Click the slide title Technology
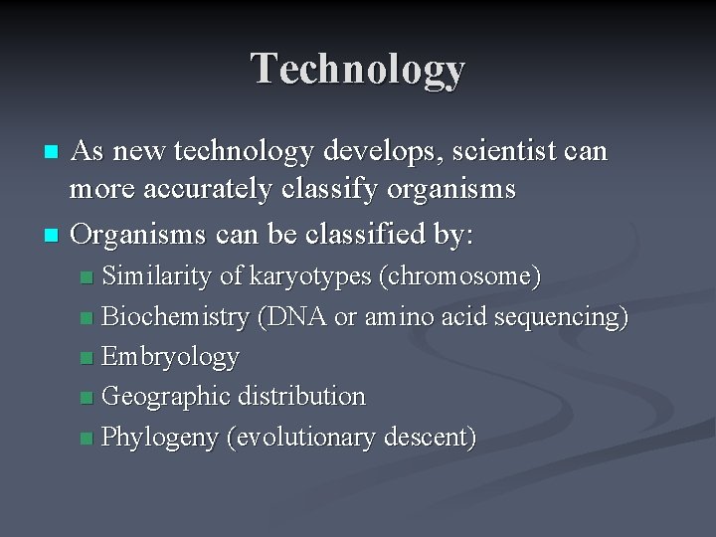(358, 69)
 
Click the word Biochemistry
(175, 317)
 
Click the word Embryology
(170, 357)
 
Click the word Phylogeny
(160, 437)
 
